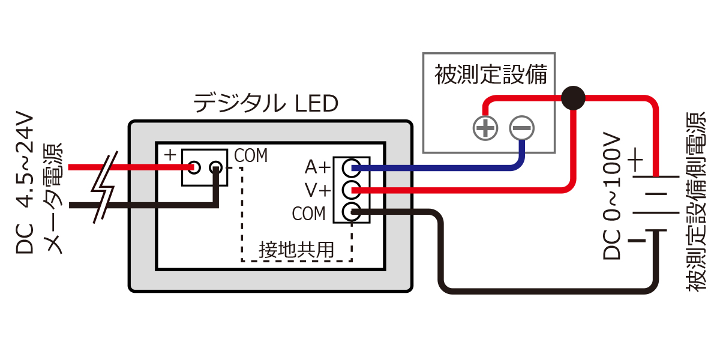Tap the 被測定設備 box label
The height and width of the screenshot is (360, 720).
[490, 76]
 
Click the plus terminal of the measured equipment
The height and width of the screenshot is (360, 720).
[485, 127]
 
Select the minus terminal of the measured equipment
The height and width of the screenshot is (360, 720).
[522, 127]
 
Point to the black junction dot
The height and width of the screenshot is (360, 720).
[572, 97]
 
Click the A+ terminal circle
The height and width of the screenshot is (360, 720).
[352, 168]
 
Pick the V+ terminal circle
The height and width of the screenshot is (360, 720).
[352, 190]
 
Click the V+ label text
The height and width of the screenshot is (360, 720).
[317, 191]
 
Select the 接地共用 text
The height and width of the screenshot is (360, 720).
[296, 250]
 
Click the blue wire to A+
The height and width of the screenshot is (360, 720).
[444, 169]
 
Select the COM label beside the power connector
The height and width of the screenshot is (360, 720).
[251, 155]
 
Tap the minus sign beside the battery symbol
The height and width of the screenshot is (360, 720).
[637, 241]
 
